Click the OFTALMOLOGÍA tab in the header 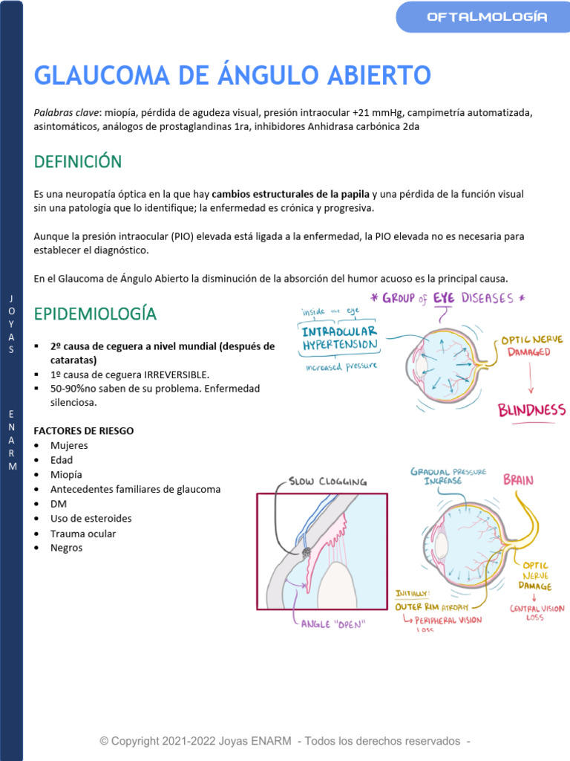point(487,17)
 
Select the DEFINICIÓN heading point(78,161)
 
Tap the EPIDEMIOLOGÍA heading point(95,314)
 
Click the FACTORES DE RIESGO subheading point(84,431)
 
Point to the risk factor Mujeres point(69,446)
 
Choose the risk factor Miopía point(66,475)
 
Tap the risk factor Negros point(67,548)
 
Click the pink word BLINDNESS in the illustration point(531,409)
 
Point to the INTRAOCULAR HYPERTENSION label point(340,338)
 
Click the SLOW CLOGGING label point(327,481)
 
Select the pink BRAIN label point(518,479)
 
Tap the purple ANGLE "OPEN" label point(333,624)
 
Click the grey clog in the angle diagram point(306,552)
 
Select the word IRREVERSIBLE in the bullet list point(177,374)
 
